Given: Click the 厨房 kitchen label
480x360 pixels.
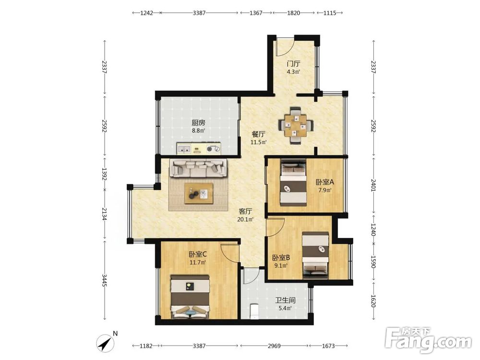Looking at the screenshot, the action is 198,123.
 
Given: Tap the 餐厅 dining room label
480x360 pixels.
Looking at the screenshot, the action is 258,134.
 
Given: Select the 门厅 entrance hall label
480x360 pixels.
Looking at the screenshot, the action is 293,64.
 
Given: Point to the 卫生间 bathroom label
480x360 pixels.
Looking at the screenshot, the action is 285,300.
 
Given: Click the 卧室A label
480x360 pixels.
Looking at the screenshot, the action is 325,182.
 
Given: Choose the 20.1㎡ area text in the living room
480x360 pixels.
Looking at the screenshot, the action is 245,219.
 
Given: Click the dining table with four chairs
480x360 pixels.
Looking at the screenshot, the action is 296,125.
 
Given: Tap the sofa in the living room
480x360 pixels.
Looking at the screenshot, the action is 199,168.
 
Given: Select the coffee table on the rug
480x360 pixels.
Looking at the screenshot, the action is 199,193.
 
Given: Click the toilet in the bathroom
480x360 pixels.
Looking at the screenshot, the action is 254,312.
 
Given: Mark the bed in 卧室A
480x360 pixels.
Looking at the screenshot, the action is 294,182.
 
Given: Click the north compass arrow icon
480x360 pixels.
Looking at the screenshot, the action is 105,344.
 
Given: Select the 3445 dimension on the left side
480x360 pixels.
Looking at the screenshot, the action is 104,280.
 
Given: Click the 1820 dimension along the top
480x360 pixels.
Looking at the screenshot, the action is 293,13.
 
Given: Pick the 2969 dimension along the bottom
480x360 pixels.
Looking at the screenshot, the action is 274,346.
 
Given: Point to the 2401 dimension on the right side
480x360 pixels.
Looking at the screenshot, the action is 373,185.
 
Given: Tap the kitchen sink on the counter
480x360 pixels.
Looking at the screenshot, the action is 184,150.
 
